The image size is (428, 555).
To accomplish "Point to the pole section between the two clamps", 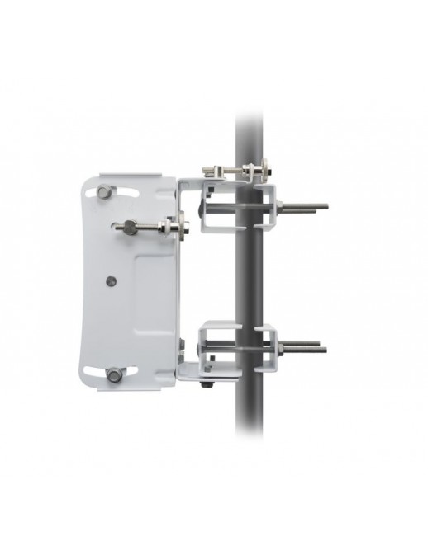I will pyautogui.click(x=249, y=276).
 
